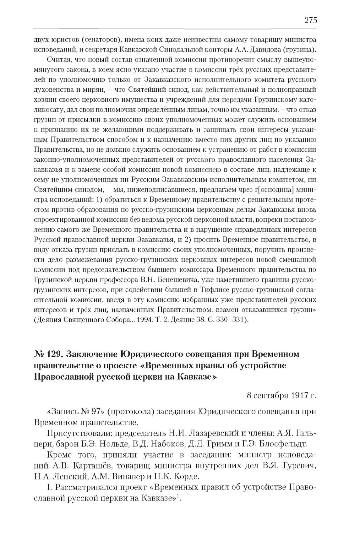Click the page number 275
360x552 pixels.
(x=311, y=20)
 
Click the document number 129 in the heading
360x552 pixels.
(x=52, y=354)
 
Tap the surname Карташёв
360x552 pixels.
(x=85, y=465)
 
